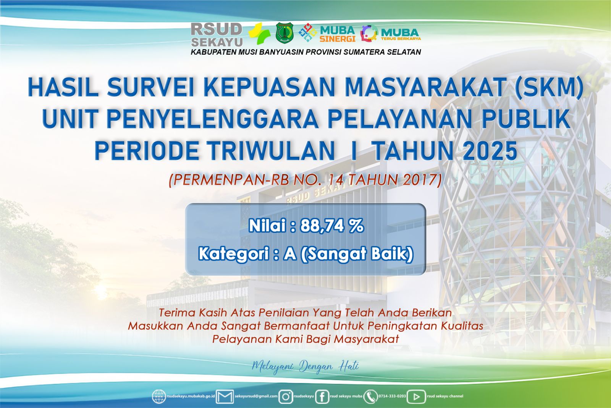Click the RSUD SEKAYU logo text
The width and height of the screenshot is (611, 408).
(217, 35)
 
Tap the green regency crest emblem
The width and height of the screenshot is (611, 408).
(284, 33)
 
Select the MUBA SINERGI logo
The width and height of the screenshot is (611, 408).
(327, 33)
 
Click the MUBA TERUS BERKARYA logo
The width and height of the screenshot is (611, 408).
(391, 33)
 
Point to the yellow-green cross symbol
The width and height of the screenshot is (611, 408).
(259, 34)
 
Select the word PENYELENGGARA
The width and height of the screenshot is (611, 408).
(212, 119)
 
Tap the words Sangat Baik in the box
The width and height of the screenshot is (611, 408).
(357, 254)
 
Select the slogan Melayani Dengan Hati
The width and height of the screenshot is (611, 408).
(305, 366)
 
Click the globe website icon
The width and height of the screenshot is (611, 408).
(159, 397)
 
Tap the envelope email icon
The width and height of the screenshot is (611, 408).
(225, 397)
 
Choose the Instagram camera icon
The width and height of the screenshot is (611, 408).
(286, 397)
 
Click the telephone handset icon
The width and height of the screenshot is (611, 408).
(370, 397)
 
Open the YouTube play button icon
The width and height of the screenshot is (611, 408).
(416, 397)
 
